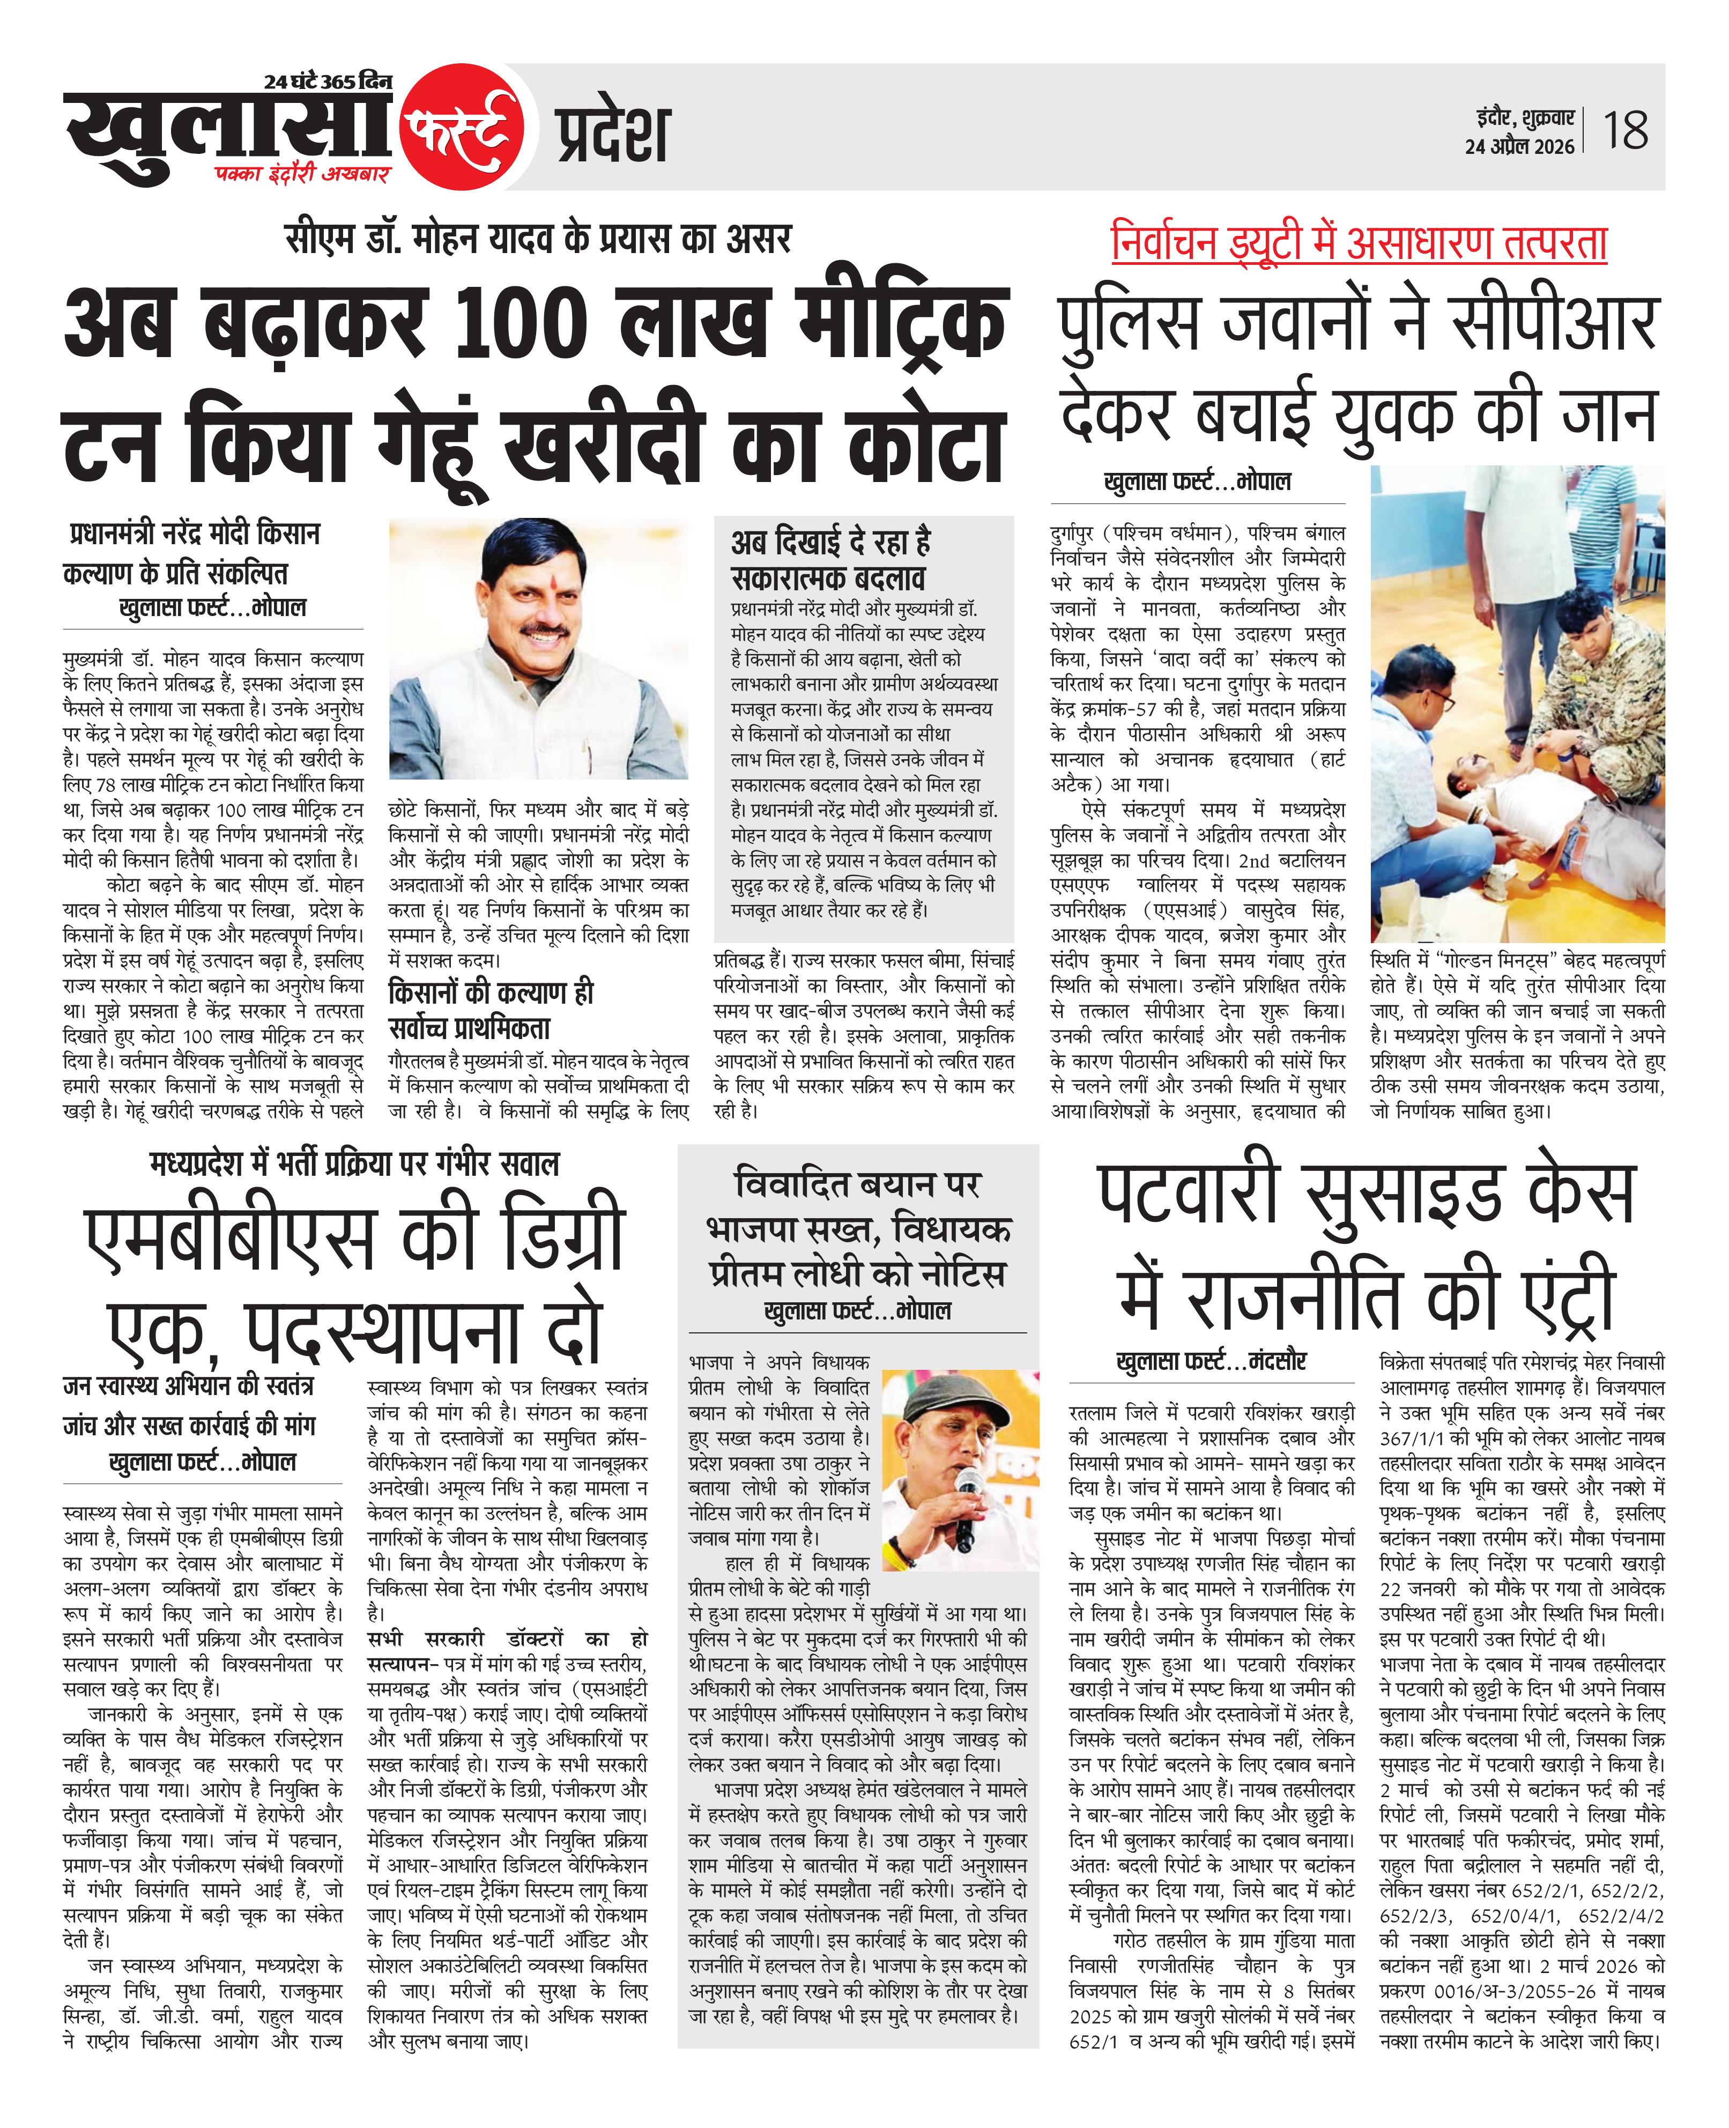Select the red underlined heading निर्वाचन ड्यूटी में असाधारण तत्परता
1359,243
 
